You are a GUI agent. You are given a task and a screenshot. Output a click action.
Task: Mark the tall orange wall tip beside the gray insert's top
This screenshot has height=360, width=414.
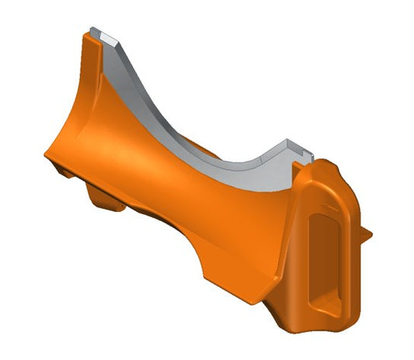coord(87,43)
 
